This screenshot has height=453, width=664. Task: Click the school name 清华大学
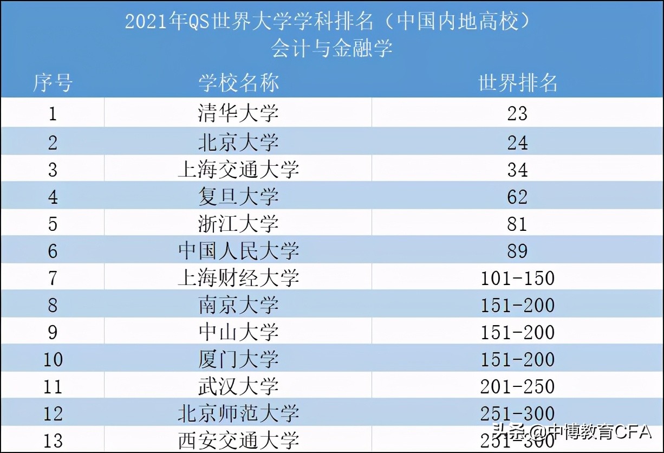point(238,113)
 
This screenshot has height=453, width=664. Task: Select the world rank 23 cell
point(517,113)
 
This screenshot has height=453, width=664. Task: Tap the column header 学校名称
point(238,83)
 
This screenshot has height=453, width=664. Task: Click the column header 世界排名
point(517,83)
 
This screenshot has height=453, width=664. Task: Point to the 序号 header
point(53,83)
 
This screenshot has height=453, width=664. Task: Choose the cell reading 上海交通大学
point(238,170)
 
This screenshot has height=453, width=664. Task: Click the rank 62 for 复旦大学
point(517,197)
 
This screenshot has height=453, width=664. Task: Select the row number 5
point(53,224)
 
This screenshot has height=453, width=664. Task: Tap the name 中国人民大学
point(238,251)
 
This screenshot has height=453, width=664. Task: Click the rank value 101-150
point(517,279)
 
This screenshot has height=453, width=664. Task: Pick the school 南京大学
point(238,306)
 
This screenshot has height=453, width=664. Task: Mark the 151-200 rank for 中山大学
point(517,332)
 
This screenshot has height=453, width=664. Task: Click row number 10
point(53,359)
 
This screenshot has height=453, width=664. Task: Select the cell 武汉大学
point(238,386)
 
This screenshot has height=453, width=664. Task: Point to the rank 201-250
point(517,386)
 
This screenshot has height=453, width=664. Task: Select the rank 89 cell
point(517,251)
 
